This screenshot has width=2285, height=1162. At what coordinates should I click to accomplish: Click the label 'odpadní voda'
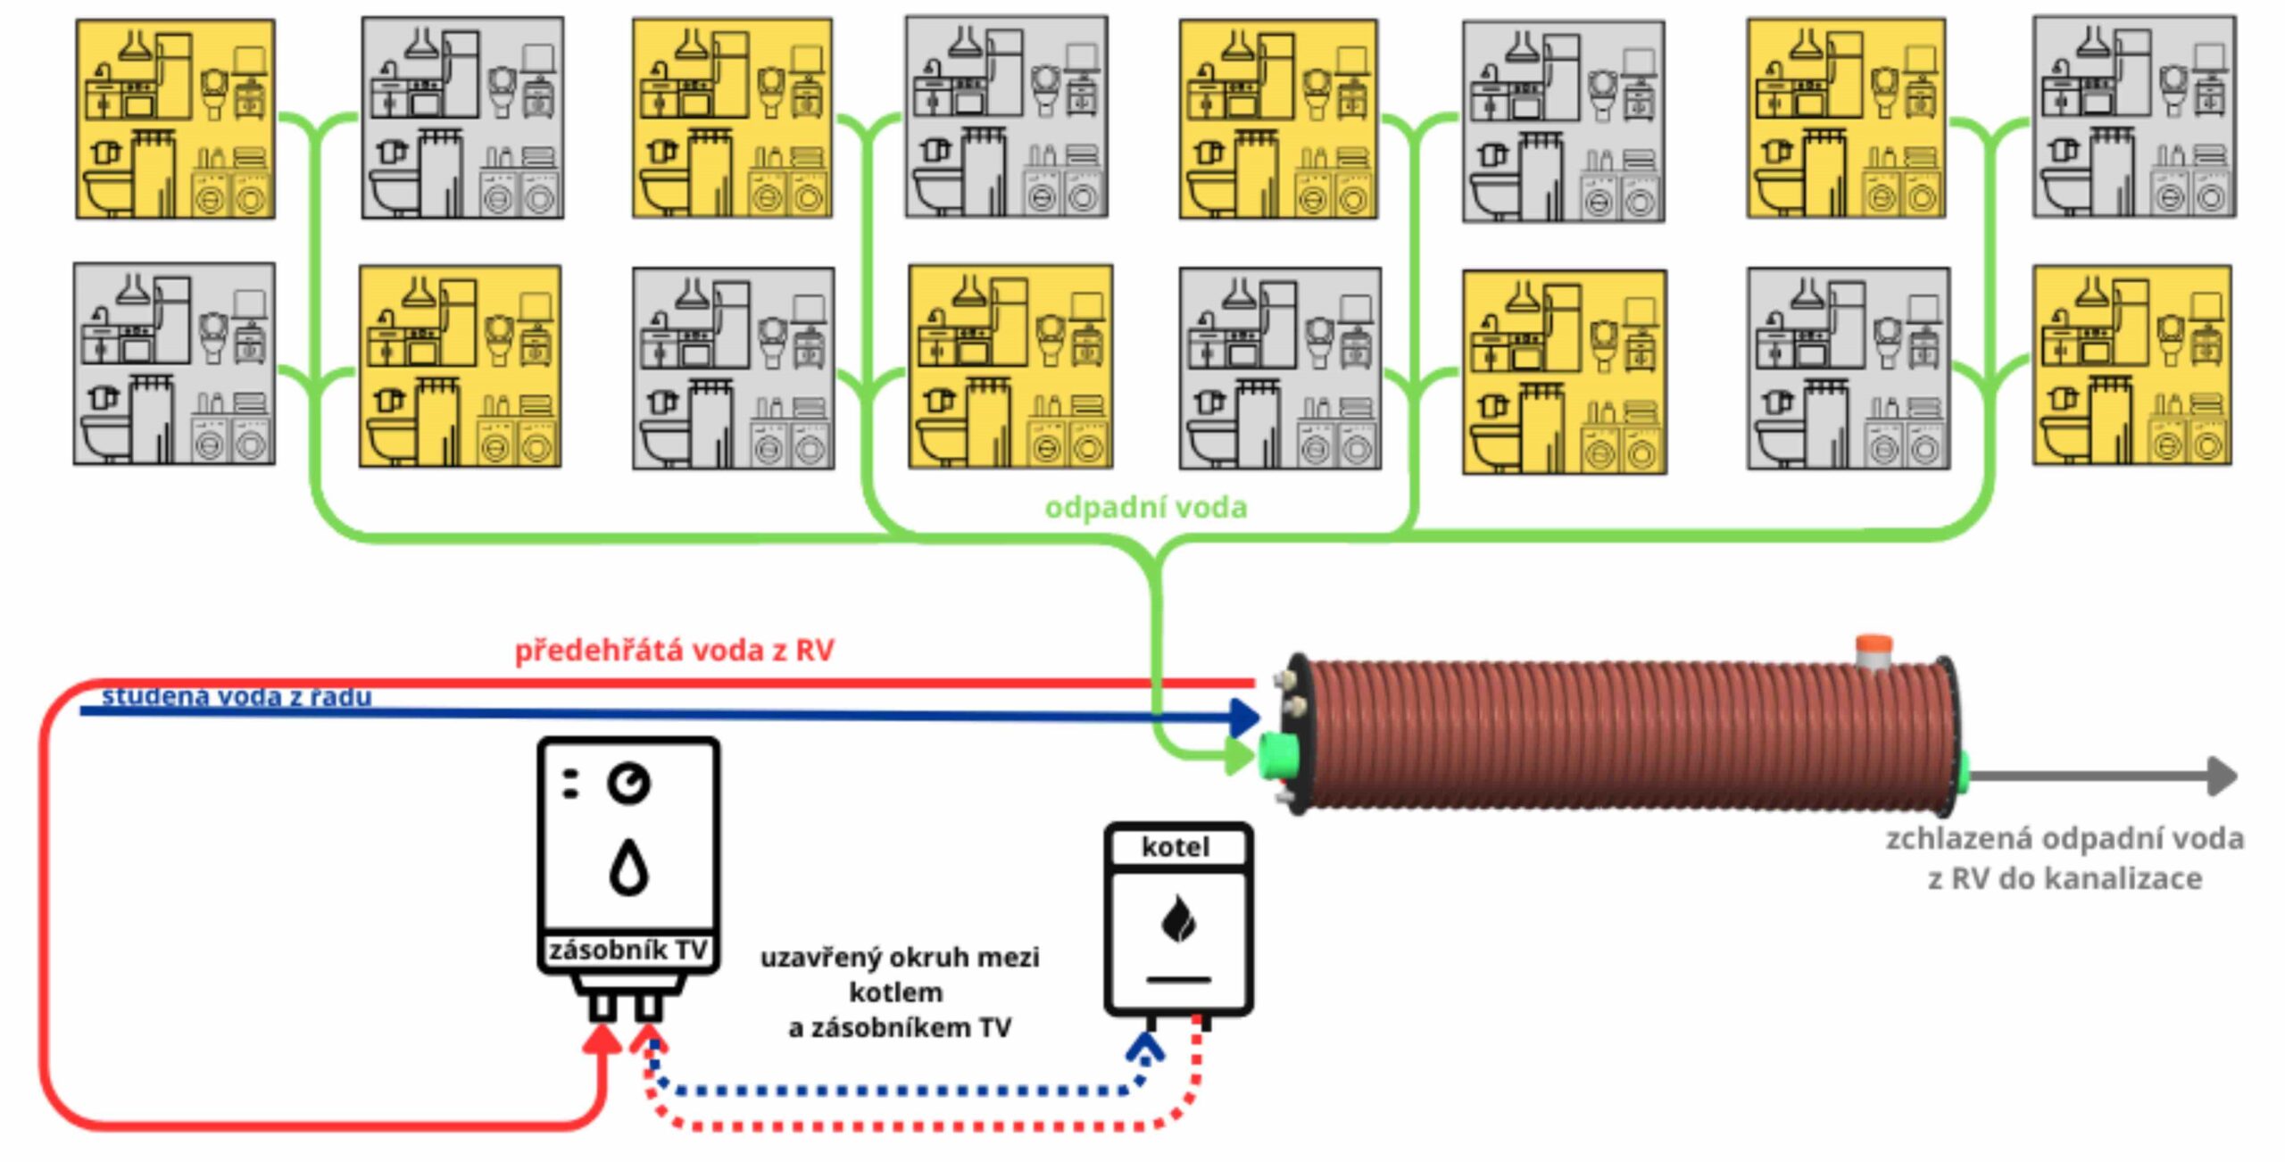1145,508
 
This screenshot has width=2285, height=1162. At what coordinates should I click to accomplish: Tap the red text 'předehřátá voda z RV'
674,650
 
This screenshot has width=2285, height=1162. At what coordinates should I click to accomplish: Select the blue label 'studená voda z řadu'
237,696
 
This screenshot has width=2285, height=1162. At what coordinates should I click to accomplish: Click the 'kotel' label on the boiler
1176,847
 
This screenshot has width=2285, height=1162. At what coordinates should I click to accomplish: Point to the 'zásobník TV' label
628,950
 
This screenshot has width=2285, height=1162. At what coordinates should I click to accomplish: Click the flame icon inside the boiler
1178,918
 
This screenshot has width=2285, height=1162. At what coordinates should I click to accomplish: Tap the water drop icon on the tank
628,867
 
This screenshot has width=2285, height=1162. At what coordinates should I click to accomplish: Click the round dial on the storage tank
629,784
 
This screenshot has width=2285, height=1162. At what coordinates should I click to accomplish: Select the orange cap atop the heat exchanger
1873,645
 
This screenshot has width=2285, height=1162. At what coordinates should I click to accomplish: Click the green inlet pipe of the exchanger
1279,756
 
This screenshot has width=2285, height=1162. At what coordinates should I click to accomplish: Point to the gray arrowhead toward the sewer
2223,776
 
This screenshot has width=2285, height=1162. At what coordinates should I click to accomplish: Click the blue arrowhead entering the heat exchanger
1244,717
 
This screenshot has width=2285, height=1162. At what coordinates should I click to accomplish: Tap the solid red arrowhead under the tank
602,1039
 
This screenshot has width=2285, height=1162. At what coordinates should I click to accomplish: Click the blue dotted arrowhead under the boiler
1145,1047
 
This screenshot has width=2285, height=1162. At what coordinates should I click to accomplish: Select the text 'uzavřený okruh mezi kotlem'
899,974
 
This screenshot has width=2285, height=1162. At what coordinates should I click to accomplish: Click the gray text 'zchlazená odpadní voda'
2065,839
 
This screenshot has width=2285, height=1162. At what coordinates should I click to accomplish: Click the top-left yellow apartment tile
176,120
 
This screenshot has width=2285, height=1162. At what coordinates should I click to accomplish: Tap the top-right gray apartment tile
2134,117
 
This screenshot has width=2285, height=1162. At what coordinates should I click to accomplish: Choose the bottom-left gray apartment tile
175,363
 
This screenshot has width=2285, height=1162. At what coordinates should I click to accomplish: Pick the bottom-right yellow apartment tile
2131,366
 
